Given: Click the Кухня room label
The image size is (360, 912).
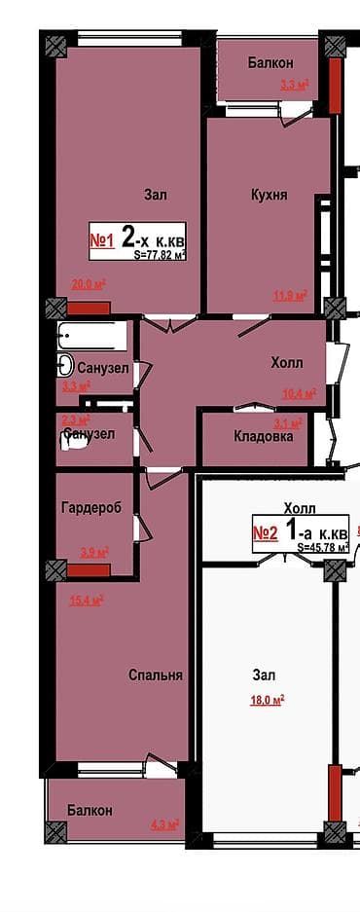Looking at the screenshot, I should click(269, 195).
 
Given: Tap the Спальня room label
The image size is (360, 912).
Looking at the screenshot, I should click(157, 675).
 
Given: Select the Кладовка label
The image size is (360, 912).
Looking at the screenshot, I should click(263, 436).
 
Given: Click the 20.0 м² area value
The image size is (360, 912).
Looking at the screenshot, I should click(89, 285).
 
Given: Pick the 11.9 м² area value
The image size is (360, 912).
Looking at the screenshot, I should click(290, 295).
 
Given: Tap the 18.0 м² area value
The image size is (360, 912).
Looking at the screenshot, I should click(267, 699).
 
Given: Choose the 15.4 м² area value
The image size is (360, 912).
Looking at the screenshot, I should click(87, 600).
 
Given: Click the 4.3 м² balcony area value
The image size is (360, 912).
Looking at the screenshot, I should click(164, 825).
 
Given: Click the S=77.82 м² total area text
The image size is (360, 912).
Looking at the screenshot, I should click(160, 254).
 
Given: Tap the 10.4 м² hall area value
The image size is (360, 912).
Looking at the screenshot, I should click(297, 394).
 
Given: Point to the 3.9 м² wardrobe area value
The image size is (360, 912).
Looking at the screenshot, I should click(93, 553).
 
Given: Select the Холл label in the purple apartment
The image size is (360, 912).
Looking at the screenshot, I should click(286, 363).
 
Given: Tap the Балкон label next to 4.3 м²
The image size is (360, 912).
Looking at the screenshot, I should click(90, 810).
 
